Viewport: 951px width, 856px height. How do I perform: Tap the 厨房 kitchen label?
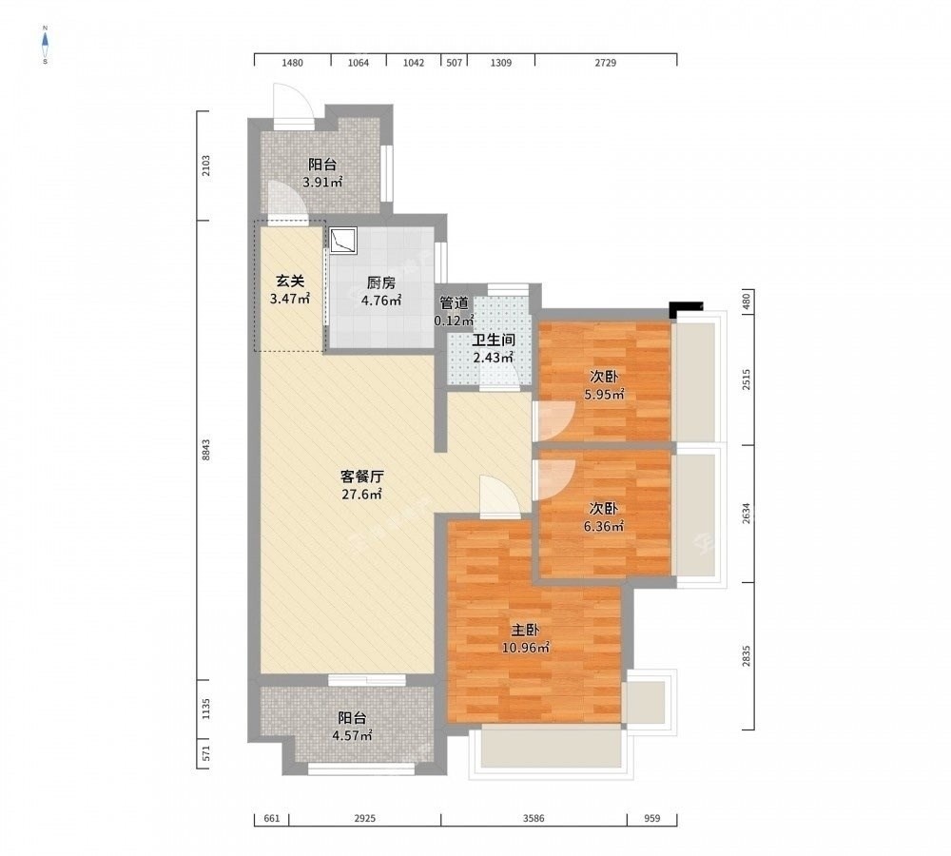tap(381, 282)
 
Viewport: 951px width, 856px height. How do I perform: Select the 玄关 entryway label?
tap(289, 281)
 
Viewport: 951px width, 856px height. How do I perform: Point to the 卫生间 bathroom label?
tap(494, 340)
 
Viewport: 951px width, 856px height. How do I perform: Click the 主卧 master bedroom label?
tap(525, 631)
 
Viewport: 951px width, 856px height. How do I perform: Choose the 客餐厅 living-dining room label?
tap(361, 477)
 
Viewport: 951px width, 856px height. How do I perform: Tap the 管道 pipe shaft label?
tap(454, 302)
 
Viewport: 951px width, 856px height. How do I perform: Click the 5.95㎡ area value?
tap(604, 395)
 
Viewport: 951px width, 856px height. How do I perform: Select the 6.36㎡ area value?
tap(604, 527)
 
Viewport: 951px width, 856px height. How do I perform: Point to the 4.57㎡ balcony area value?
tap(352, 736)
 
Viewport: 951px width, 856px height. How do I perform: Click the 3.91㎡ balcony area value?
tap(322, 182)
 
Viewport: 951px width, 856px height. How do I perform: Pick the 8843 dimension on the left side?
tap(205, 450)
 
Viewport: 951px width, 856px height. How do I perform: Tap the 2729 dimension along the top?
tap(605, 63)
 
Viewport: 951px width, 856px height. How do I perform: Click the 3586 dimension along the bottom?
tap(534, 818)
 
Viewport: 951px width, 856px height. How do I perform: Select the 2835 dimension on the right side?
tap(746, 656)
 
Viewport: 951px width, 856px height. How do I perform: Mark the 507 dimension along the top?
tap(455, 63)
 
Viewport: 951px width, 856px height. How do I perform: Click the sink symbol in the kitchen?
tap(342, 241)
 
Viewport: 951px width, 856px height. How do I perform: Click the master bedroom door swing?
tap(500, 497)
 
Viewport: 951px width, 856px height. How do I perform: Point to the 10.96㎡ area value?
tap(525, 648)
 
